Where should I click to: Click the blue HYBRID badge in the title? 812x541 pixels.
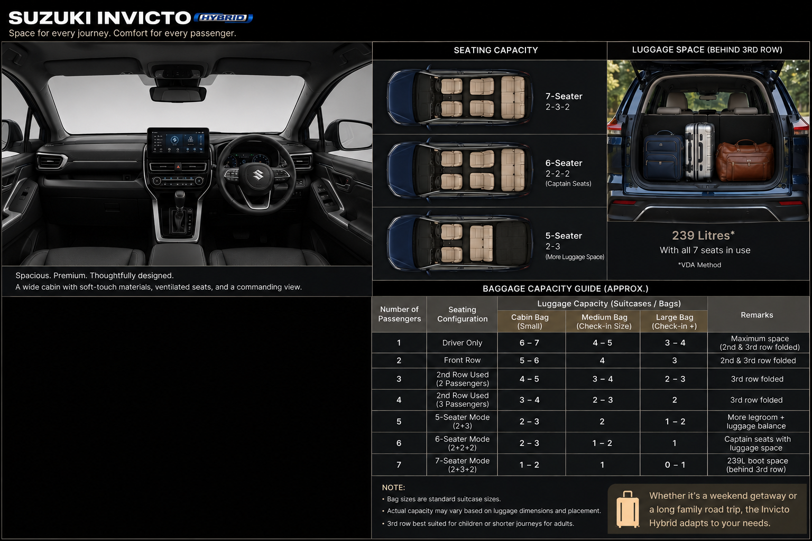click(223, 18)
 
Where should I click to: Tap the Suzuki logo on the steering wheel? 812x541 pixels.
click(258, 175)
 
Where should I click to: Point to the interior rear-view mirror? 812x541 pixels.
click(178, 94)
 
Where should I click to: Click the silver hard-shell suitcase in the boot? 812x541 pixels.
click(699, 152)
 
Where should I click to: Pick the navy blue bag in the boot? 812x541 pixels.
click(663, 156)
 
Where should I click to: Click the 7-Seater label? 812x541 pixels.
click(564, 96)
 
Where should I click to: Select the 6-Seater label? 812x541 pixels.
click(564, 163)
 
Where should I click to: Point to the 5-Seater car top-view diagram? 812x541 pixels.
click(460, 242)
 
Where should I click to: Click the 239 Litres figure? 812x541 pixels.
click(703, 236)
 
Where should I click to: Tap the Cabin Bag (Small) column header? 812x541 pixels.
click(530, 321)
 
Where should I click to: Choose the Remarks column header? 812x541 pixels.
click(756, 315)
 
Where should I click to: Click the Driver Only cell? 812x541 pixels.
click(462, 343)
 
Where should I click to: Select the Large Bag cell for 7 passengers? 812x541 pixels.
click(675, 464)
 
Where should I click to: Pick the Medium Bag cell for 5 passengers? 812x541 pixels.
click(602, 422)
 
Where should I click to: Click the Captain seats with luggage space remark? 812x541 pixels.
click(757, 443)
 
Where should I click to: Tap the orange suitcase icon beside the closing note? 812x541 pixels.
click(628, 509)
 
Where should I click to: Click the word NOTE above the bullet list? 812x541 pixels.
click(393, 487)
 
